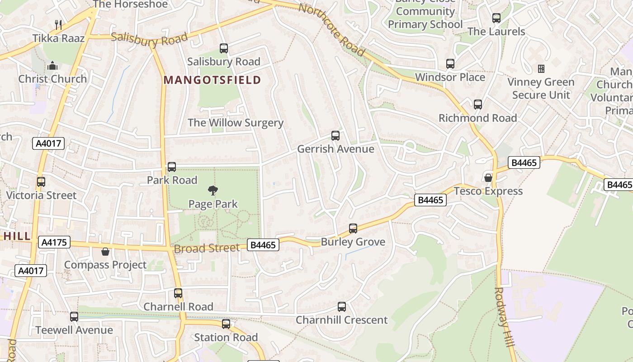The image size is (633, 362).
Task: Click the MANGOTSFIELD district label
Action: click(x=212, y=80)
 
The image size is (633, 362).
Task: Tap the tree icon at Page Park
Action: click(x=213, y=191)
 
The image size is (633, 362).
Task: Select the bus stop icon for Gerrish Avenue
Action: click(x=335, y=136)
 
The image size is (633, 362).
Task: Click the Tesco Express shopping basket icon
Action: click(x=488, y=177)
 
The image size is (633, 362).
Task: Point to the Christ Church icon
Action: click(x=52, y=66)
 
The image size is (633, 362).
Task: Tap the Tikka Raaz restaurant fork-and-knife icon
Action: click(x=58, y=24)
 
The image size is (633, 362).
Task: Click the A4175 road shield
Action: click(x=54, y=242)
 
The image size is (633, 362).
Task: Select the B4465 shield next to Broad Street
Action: click(x=263, y=245)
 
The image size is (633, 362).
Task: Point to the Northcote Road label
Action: click(x=331, y=29)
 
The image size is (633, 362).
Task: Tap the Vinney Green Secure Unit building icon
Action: click(x=541, y=69)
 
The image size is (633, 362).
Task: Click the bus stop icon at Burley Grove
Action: click(x=353, y=229)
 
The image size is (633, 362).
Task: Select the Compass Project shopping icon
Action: click(x=105, y=252)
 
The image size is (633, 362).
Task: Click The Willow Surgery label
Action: click(x=235, y=123)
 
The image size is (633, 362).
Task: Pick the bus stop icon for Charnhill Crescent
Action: click(x=342, y=307)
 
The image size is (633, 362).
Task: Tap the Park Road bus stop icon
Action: click(x=172, y=167)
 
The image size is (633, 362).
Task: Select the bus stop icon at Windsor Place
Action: click(x=450, y=64)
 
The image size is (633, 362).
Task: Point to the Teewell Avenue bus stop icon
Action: click(x=74, y=317)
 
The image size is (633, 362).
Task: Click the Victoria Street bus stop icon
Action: click(x=41, y=182)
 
